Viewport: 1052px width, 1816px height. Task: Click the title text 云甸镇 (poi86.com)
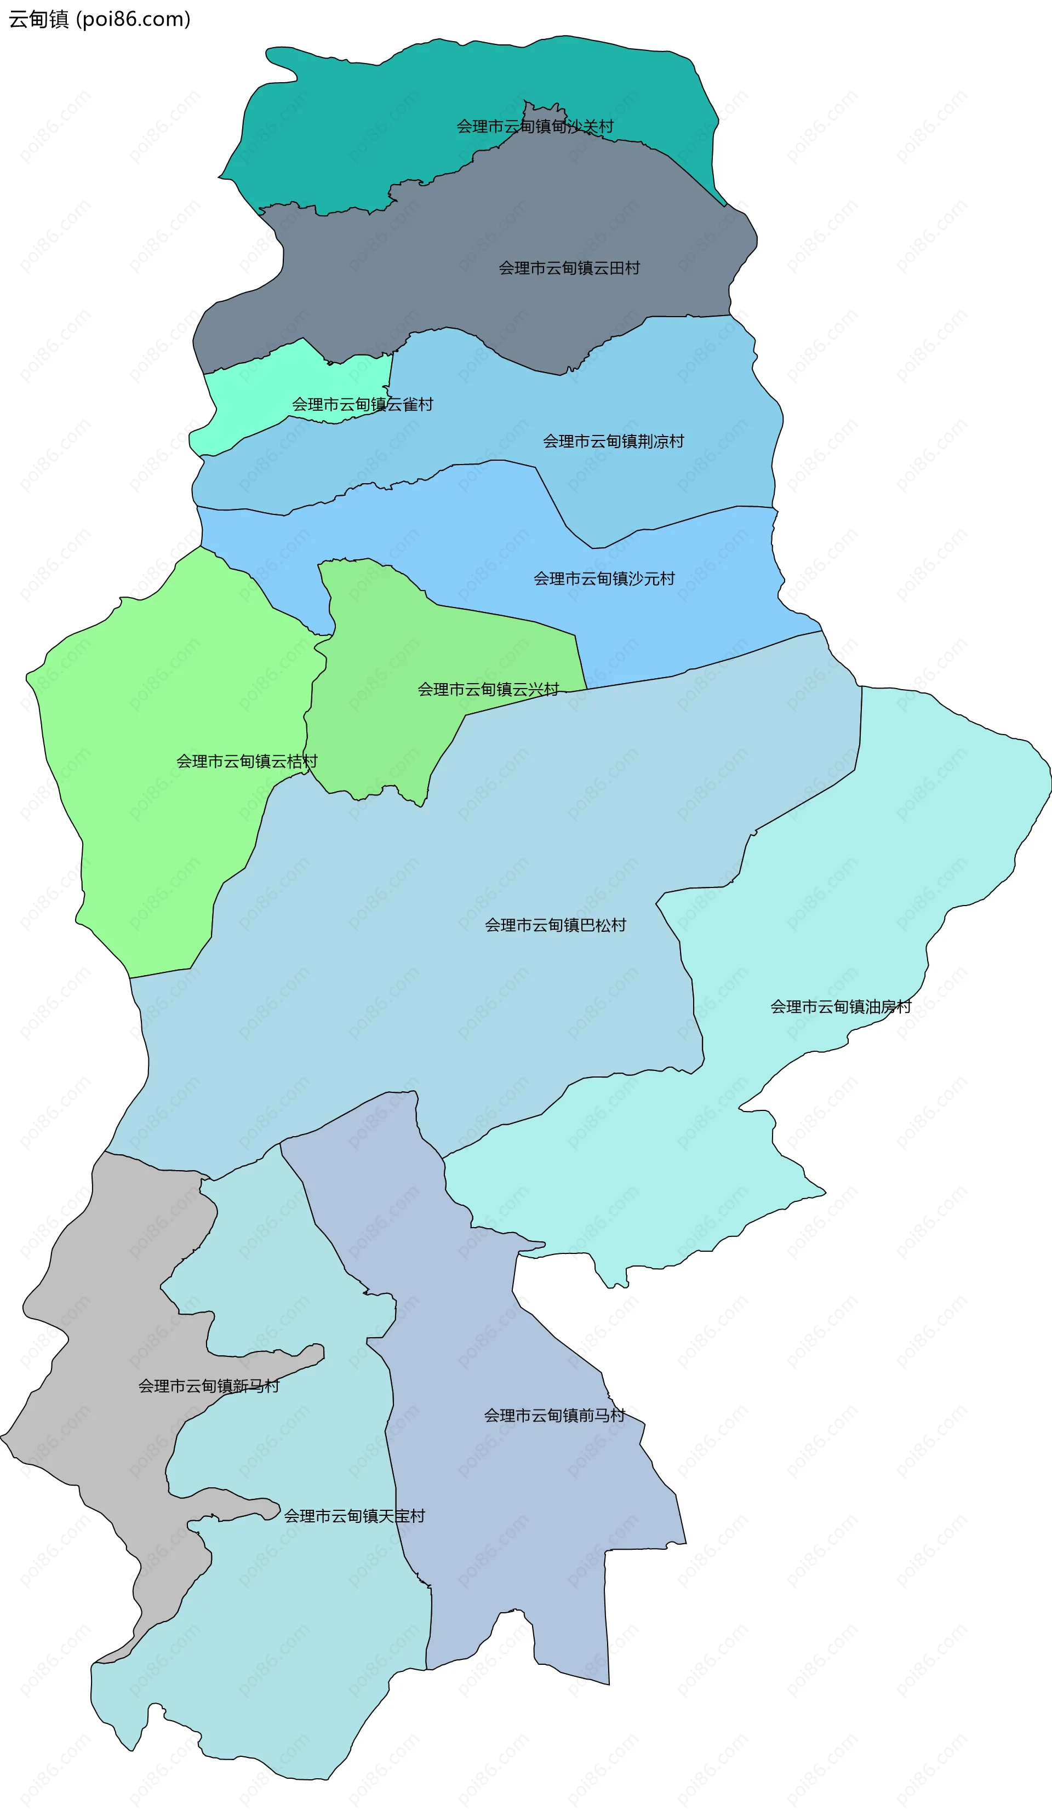tap(99, 20)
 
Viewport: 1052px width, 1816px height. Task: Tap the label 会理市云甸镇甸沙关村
tap(535, 127)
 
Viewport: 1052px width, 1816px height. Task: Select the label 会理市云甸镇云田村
tap(569, 268)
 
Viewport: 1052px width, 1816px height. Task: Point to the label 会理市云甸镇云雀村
tap(362, 404)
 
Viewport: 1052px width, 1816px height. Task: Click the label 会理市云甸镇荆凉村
tap(613, 441)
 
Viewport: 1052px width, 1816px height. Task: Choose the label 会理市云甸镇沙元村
tap(604, 578)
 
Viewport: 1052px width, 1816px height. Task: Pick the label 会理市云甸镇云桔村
tap(247, 761)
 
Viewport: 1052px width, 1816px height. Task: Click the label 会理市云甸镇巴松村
tap(556, 925)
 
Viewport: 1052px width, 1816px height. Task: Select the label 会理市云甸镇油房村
tap(841, 1007)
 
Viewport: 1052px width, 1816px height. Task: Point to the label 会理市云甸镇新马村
tap(209, 1386)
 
